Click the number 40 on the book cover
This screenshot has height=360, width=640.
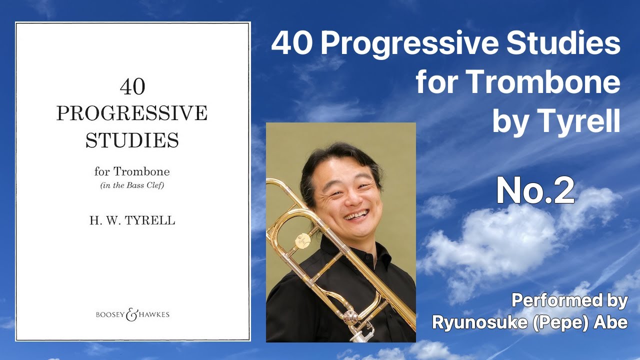(x=132, y=87)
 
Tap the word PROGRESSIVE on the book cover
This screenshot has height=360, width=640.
(x=131, y=113)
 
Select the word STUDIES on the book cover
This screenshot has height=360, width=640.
(x=132, y=140)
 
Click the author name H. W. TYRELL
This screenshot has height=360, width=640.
(x=132, y=220)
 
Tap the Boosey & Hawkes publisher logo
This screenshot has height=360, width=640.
(x=132, y=314)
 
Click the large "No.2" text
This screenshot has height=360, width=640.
(x=535, y=192)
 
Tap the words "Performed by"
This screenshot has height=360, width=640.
(x=569, y=300)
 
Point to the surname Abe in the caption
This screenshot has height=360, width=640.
(x=611, y=322)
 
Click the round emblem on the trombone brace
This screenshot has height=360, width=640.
(x=301, y=240)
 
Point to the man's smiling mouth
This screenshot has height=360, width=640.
(x=356, y=215)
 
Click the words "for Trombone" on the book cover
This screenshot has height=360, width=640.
(x=132, y=172)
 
